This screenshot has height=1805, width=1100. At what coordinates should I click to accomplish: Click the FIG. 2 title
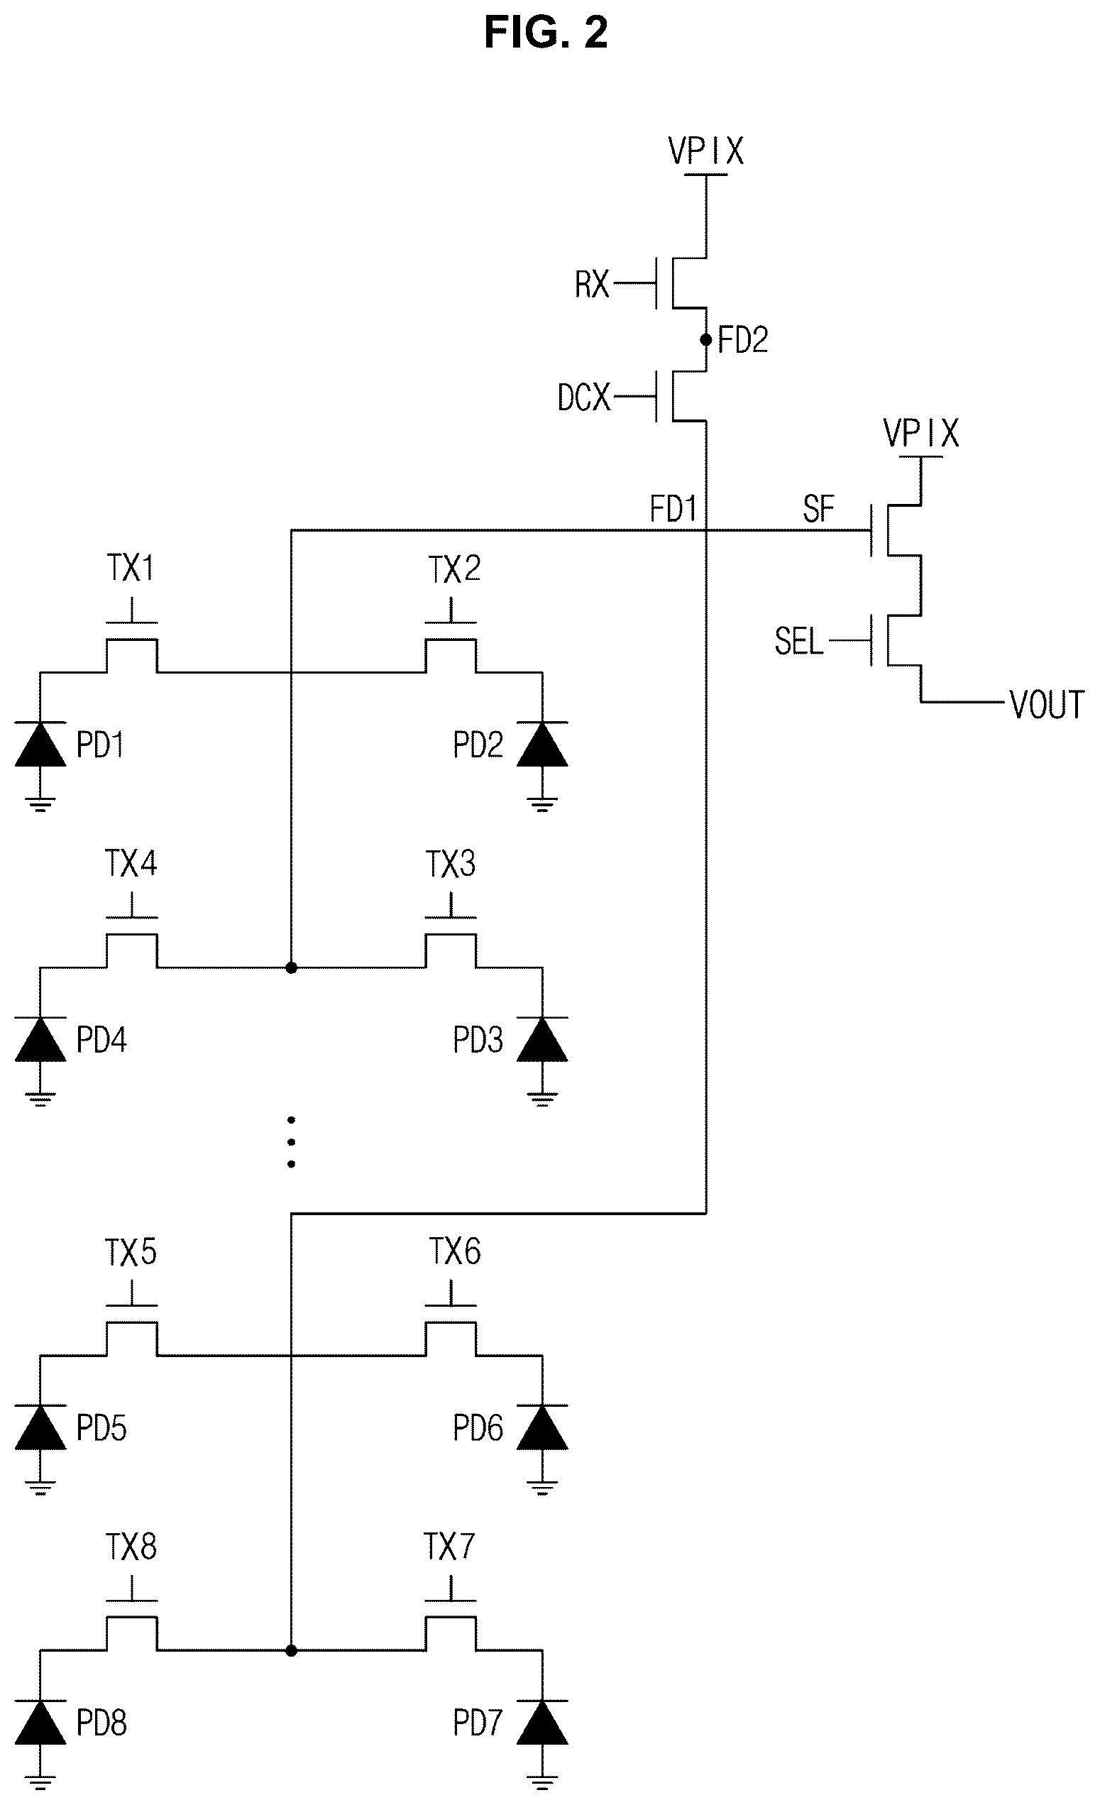tap(546, 33)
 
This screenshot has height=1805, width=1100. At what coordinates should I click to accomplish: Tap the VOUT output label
tap(1047, 705)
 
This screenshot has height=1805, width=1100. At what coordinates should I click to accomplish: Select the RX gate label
tap(592, 284)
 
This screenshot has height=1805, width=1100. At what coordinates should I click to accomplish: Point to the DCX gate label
tap(583, 397)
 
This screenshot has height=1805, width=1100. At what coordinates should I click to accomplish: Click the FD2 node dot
tap(706, 340)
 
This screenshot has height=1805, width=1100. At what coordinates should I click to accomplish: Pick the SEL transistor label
tap(799, 642)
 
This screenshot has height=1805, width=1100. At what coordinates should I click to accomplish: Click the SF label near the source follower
tap(819, 508)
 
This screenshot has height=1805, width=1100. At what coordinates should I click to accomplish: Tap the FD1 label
tap(673, 508)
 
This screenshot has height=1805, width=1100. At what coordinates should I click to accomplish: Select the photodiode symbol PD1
tap(40, 745)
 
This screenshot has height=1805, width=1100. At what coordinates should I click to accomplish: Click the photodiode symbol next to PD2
tap(542, 745)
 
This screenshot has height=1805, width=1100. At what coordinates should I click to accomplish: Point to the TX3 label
tap(451, 865)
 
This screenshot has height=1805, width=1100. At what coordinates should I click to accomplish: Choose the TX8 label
tap(131, 1547)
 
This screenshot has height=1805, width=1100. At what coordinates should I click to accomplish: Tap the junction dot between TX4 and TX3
tap(292, 967)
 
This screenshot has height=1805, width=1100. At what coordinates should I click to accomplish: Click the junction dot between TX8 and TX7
tap(292, 1650)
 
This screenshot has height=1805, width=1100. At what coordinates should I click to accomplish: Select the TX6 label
tap(454, 1252)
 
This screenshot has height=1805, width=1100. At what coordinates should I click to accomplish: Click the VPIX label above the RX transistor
tap(706, 152)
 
